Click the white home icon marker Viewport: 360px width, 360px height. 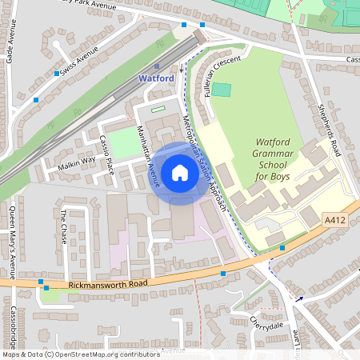[x=180, y=172]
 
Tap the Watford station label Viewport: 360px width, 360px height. [x=156, y=79]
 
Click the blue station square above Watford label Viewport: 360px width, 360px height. [x=158, y=67]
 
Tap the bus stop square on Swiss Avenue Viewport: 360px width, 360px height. [x=57, y=74]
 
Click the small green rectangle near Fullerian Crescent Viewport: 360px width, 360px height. [x=222, y=90]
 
